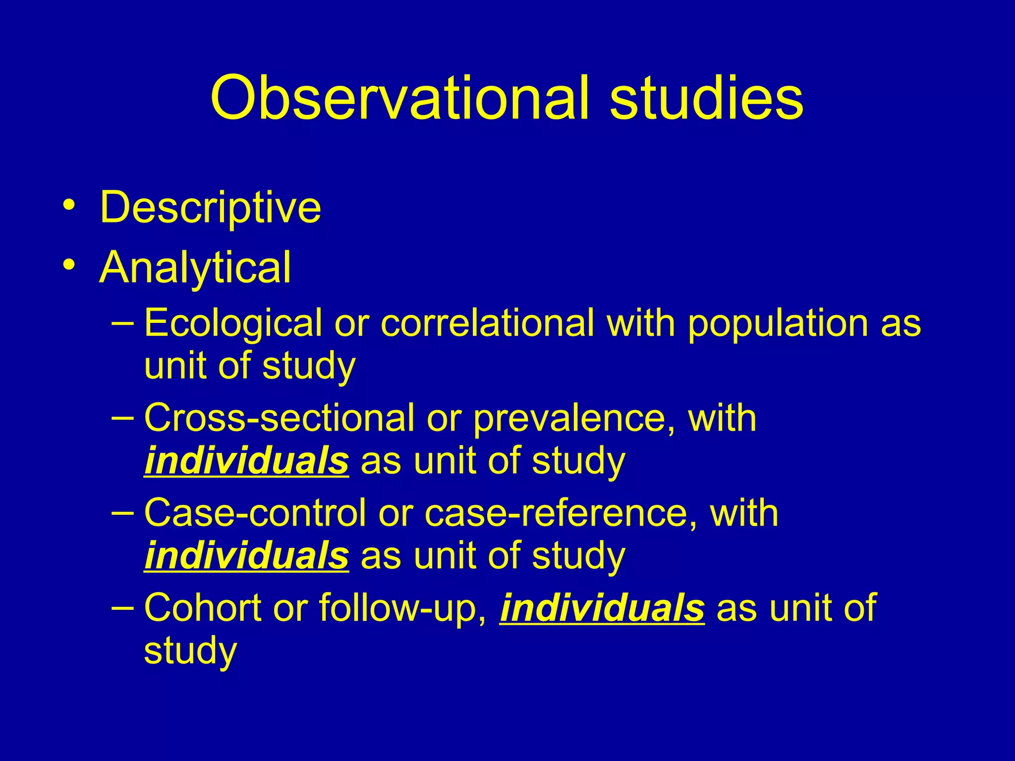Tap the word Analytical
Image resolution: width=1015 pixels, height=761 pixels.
(195, 268)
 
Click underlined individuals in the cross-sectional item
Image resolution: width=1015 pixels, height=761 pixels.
(246, 461)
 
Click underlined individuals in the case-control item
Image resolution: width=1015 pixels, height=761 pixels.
(246, 556)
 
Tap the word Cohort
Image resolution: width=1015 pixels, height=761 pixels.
(203, 608)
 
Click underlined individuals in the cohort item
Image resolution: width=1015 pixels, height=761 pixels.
(602, 608)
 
